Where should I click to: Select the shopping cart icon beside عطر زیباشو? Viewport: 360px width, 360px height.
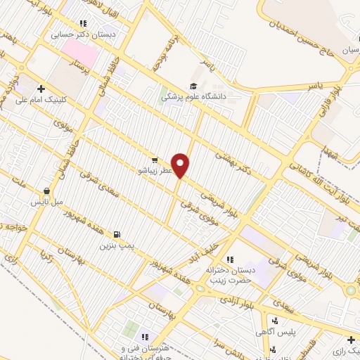(154, 160)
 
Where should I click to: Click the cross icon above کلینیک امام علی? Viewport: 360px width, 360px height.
(41, 89)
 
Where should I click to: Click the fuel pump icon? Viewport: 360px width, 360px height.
(116, 235)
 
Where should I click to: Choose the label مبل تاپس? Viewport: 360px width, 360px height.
(46, 202)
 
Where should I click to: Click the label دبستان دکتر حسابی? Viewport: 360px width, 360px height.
(92, 33)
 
